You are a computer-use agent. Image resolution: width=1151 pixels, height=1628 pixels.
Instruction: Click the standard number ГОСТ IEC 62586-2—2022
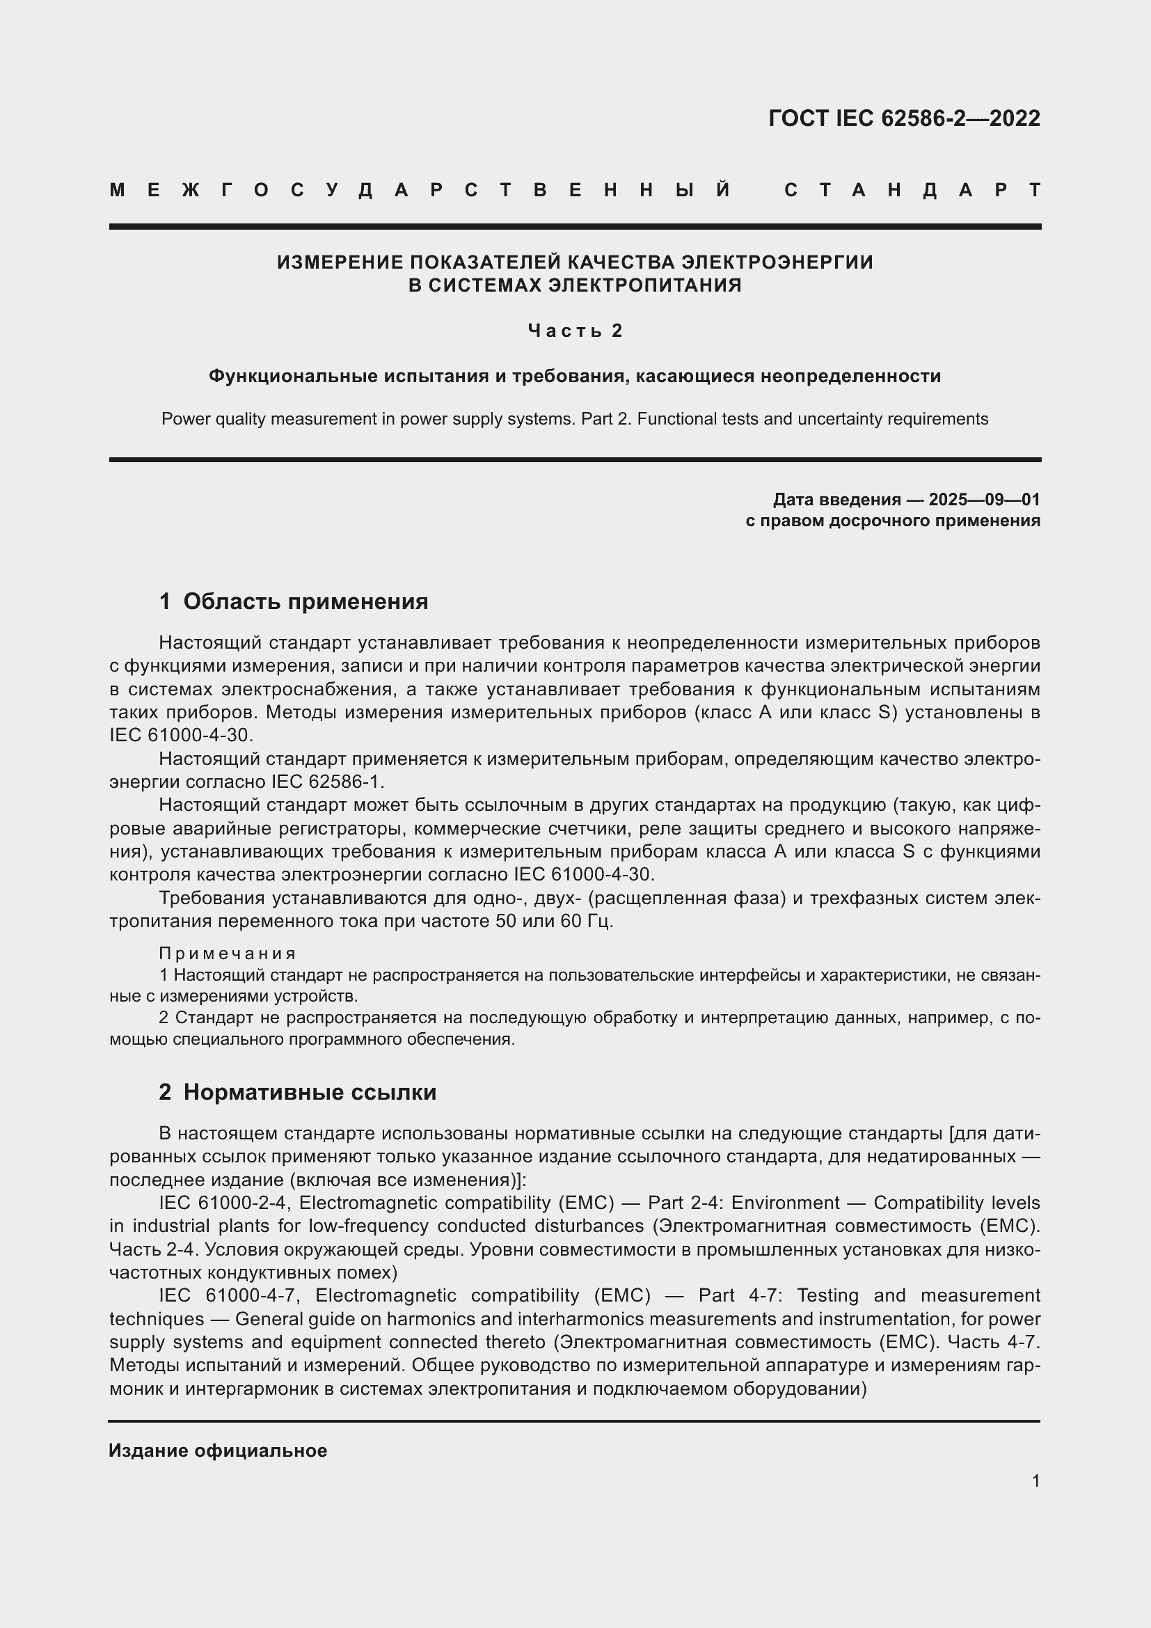tap(904, 118)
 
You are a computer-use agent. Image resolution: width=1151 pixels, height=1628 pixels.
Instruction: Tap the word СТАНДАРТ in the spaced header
tap(912, 190)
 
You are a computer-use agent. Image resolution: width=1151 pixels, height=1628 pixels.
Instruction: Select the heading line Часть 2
tap(575, 331)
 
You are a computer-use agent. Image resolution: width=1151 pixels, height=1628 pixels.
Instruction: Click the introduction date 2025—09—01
tap(984, 500)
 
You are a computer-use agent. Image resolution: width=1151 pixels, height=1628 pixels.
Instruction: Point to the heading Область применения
tap(305, 601)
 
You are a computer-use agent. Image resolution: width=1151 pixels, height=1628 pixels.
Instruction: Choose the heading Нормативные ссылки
tap(310, 1093)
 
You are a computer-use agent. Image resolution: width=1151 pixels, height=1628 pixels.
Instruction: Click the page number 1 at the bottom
tap(1035, 1480)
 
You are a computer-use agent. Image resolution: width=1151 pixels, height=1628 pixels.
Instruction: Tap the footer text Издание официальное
tap(218, 1450)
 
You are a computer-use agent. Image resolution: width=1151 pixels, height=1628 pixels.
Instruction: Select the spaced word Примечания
tap(228, 953)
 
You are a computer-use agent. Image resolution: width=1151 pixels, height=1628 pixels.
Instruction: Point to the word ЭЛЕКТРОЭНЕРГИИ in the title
tap(777, 262)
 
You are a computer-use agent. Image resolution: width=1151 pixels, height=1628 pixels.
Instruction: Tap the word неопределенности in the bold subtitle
tap(850, 376)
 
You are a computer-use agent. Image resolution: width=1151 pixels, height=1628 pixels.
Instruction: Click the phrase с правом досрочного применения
tap(892, 521)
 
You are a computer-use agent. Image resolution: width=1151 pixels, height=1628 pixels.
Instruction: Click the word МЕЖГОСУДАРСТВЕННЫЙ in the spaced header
tap(420, 190)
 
